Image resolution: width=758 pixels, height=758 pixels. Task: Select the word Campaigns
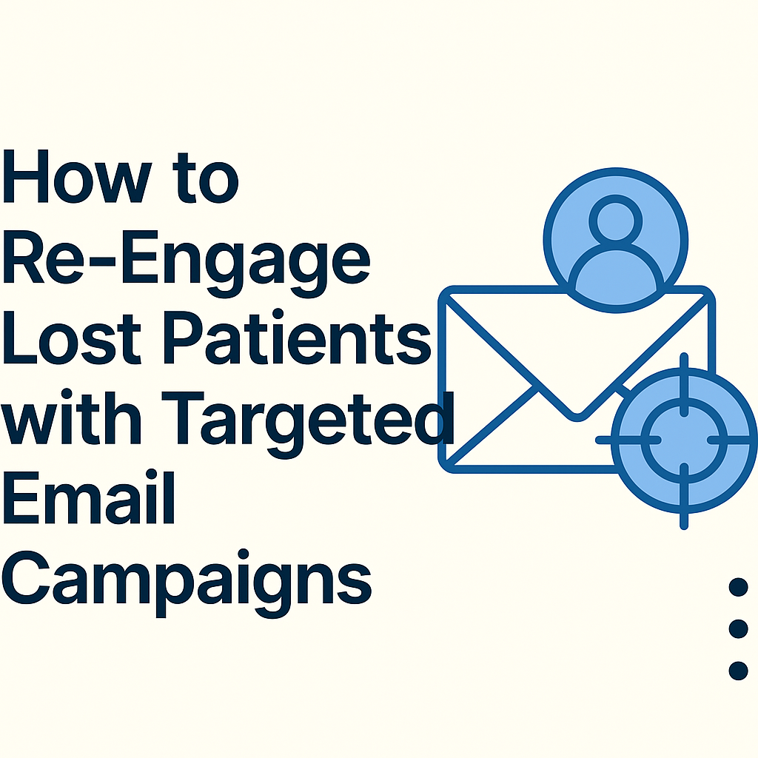(x=185, y=581)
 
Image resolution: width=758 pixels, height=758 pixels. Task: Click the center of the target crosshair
(x=683, y=440)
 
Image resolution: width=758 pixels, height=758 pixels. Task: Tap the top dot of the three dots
(x=738, y=587)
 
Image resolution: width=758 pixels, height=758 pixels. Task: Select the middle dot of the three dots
(x=738, y=628)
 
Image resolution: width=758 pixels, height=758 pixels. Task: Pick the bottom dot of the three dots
(x=738, y=671)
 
